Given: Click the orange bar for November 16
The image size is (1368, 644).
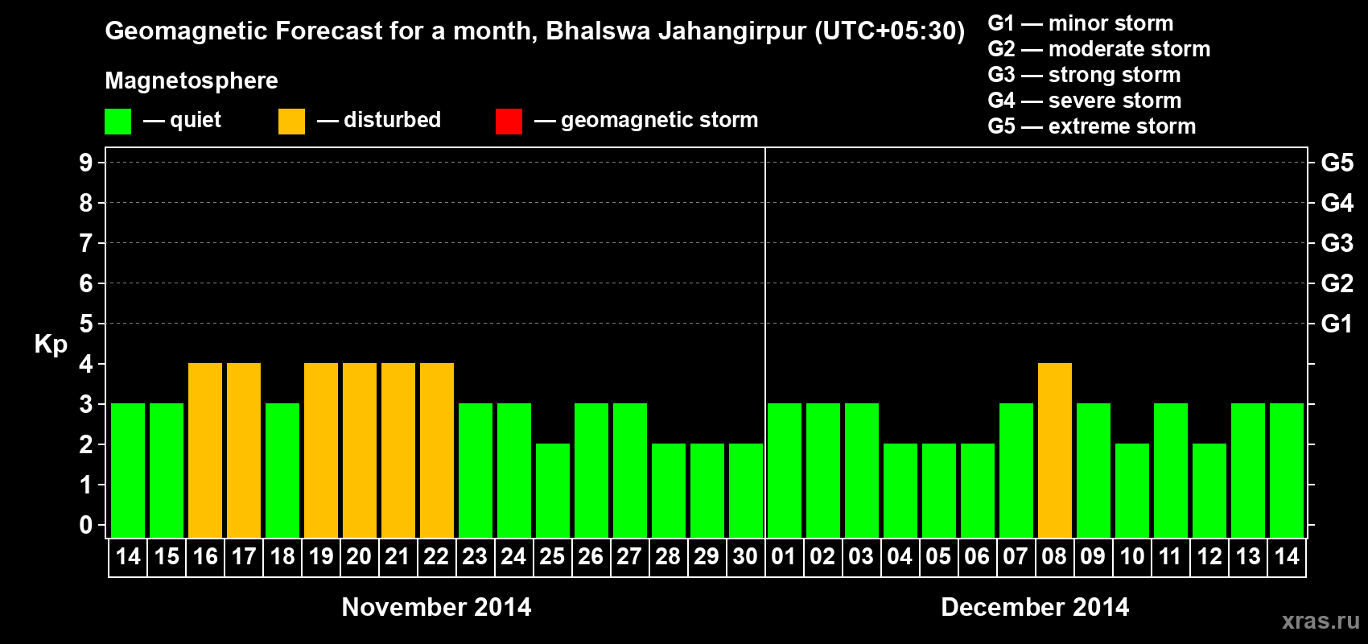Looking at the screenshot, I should pyautogui.click(x=205, y=450).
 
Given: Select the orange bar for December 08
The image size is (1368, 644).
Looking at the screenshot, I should pyautogui.click(x=1055, y=450).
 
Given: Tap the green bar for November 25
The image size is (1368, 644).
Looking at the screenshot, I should pyautogui.click(x=553, y=490).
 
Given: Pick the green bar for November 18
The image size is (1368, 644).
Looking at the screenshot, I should pyautogui.click(x=282, y=470).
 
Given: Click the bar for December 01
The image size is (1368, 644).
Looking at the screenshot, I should pyautogui.click(x=785, y=470).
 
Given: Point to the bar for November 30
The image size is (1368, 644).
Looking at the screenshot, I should pyautogui.click(x=746, y=490).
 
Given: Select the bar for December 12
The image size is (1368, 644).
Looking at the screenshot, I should pyautogui.click(x=1209, y=490).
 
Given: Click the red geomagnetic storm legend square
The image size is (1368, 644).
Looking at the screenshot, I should pyautogui.click(x=509, y=122).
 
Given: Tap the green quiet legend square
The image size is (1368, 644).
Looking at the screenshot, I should pyautogui.click(x=117, y=122).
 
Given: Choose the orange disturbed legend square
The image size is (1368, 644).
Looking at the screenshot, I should pyautogui.click(x=291, y=122).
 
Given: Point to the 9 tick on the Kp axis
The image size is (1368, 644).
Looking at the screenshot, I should pyautogui.click(x=86, y=163).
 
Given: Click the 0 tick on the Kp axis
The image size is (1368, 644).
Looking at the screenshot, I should pyautogui.click(x=86, y=526).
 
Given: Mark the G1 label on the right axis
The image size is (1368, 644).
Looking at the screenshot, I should pyautogui.click(x=1337, y=324).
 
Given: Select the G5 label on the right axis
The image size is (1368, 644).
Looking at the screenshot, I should pyautogui.click(x=1337, y=163).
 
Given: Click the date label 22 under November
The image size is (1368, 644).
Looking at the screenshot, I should pyautogui.click(x=436, y=556).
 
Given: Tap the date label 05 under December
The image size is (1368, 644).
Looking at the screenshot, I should pyautogui.click(x=938, y=556).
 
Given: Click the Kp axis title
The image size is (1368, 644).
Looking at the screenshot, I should pyautogui.click(x=51, y=344).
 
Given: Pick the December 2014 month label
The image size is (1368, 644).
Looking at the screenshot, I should pyautogui.click(x=1035, y=607).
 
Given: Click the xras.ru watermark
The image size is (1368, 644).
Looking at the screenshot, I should pyautogui.click(x=1321, y=620).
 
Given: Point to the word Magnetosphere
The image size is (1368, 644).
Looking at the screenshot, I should pyautogui.click(x=192, y=80).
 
